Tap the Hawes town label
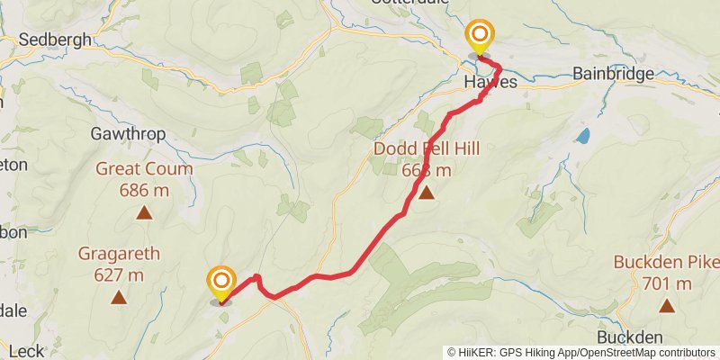coord(490,82)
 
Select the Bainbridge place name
coord(612,75)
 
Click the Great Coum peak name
coord(144,169)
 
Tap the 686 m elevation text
coord(144,190)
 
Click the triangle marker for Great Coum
coord(144,213)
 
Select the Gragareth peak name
coord(119,254)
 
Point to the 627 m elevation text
coord(119,274)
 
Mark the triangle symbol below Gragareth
coord(118,297)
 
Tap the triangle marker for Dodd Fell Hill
coord(426,192)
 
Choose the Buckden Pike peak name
coord(667,263)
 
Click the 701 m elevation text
coord(667,284)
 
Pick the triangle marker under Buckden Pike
coord(667,306)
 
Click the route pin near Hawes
coord(480,38)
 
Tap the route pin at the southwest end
coord(220,283)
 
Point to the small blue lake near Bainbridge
coord(584,136)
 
